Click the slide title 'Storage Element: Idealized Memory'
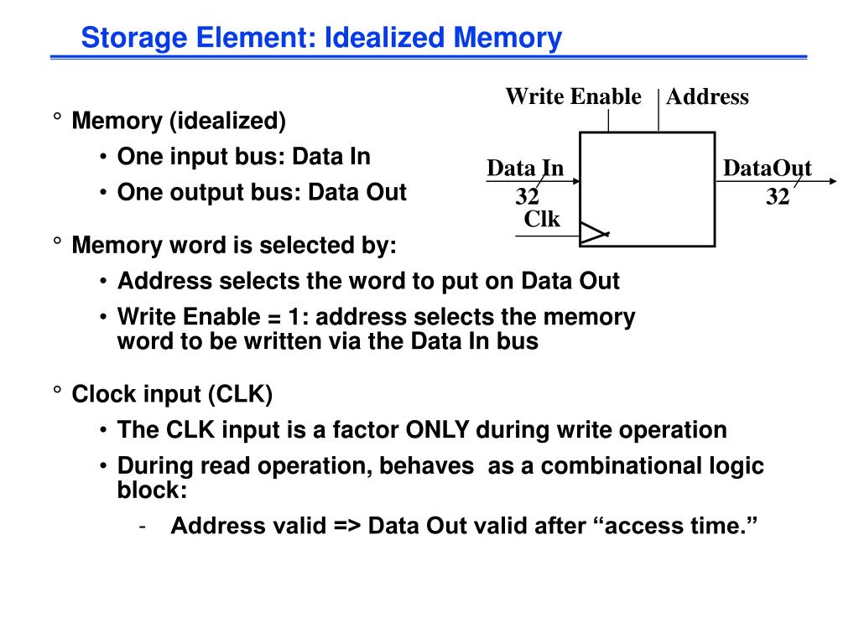pos(320,38)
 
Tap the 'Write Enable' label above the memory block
pos(573,96)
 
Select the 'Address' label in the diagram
pos(707,97)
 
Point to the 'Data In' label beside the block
pos(525,169)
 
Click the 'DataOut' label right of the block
pos(768,169)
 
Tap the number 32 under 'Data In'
pos(527,198)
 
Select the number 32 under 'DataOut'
pos(778,198)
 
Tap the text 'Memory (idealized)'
pos(179,122)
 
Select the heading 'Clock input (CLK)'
pos(172,394)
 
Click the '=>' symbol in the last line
pos(346,526)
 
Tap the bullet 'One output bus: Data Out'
pos(262,192)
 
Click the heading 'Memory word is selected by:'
pos(234,246)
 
